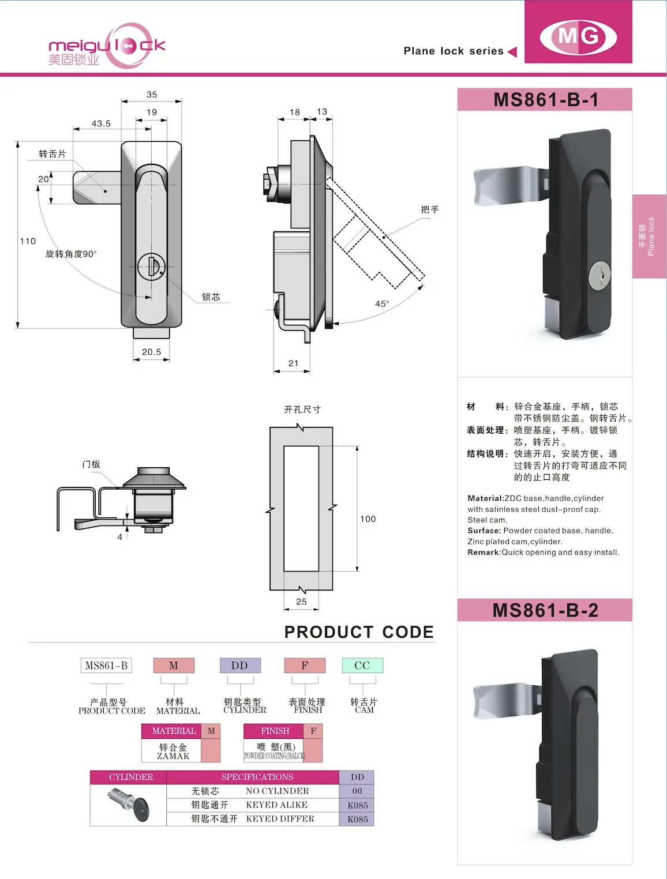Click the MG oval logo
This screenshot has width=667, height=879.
click(578, 37)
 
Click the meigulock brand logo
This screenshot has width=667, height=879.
click(107, 46)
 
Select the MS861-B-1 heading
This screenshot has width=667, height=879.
click(545, 100)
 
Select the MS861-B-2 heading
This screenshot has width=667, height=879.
click(545, 610)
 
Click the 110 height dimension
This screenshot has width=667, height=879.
click(28, 241)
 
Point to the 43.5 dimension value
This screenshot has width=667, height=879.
click(101, 123)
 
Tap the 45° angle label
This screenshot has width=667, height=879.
click(382, 304)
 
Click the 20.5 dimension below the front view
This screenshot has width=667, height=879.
click(151, 352)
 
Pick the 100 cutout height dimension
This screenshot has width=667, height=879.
click(368, 519)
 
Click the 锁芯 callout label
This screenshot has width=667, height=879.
click(211, 297)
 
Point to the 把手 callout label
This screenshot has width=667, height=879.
click(430, 209)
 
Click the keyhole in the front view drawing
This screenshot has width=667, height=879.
click(151, 266)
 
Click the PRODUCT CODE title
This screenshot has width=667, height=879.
click(359, 632)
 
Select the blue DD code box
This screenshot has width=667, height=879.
click(239, 666)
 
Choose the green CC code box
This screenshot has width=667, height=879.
click(362, 666)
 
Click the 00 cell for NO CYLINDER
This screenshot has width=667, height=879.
click(357, 791)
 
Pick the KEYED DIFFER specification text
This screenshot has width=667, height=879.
click(280, 818)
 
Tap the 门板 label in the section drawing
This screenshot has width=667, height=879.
click(91, 464)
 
